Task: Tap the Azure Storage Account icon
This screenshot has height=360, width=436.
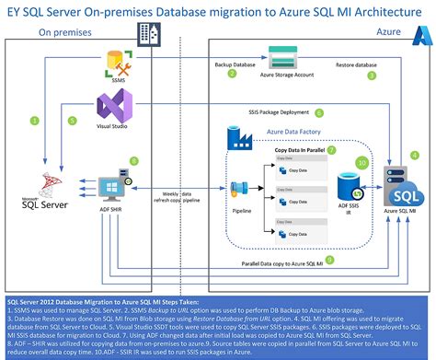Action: coord(280,56)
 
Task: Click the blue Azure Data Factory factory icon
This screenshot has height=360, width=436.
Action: coord(239,140)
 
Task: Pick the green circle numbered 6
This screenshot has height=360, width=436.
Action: coord(319,113)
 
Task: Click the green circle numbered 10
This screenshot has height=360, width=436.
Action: coord(362,162)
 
